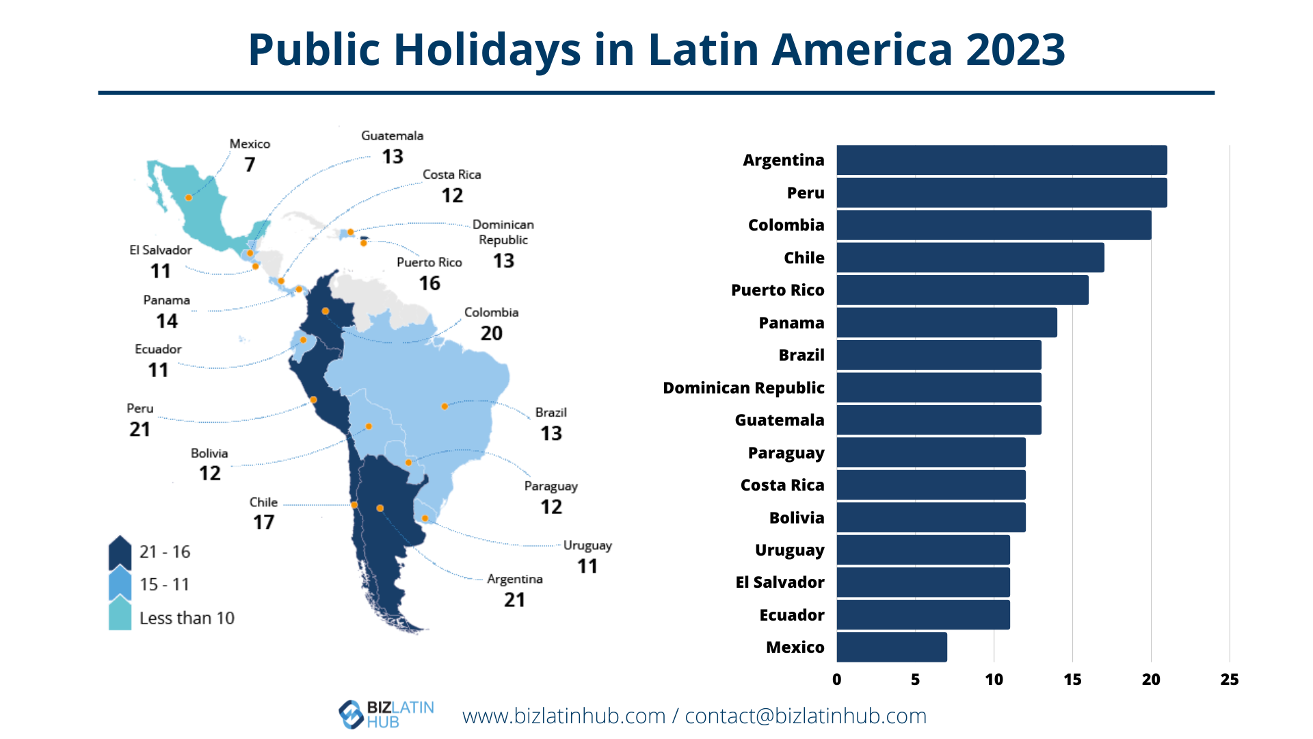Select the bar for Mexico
point(891,647)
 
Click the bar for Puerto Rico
point(962,290)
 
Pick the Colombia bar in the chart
point(994,225)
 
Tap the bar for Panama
point(946,322)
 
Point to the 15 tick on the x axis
point(1072,679)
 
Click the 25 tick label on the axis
point(1229,679)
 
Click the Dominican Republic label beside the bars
point(743,388)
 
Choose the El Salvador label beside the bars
point(780,582)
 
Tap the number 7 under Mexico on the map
point(250,165)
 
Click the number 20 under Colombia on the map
point(491,333)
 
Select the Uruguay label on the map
point(587,545)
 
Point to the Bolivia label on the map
point(209,453)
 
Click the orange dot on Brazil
point(445,406)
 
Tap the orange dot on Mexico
point(189,198)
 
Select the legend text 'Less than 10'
point(187,618)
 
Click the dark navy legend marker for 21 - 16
point(120,552)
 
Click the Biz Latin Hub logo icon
point(351,714)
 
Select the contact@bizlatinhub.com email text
point(806,716)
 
